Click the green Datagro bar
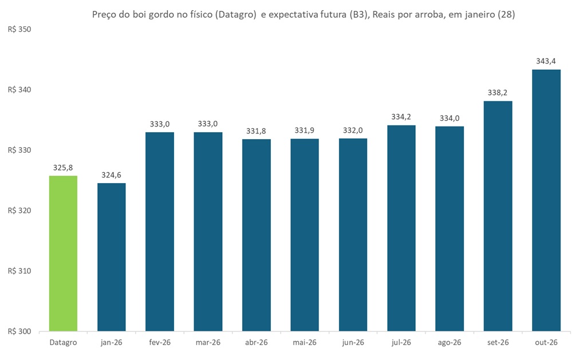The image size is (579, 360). [63, 253]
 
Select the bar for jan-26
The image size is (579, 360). [111, 257]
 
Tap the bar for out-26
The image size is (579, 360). [546, 200]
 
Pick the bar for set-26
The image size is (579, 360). [498, 216]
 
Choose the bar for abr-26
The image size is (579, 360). [256, 235]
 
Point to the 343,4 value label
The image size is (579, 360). [546, 61]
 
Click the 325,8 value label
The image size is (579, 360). [63, 167]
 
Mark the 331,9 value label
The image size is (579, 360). [304, 130]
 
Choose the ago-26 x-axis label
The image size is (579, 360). [449, 342]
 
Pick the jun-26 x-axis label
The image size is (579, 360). [353, 342]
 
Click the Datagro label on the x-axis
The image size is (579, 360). [63, 342]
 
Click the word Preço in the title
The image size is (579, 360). [105, 15]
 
